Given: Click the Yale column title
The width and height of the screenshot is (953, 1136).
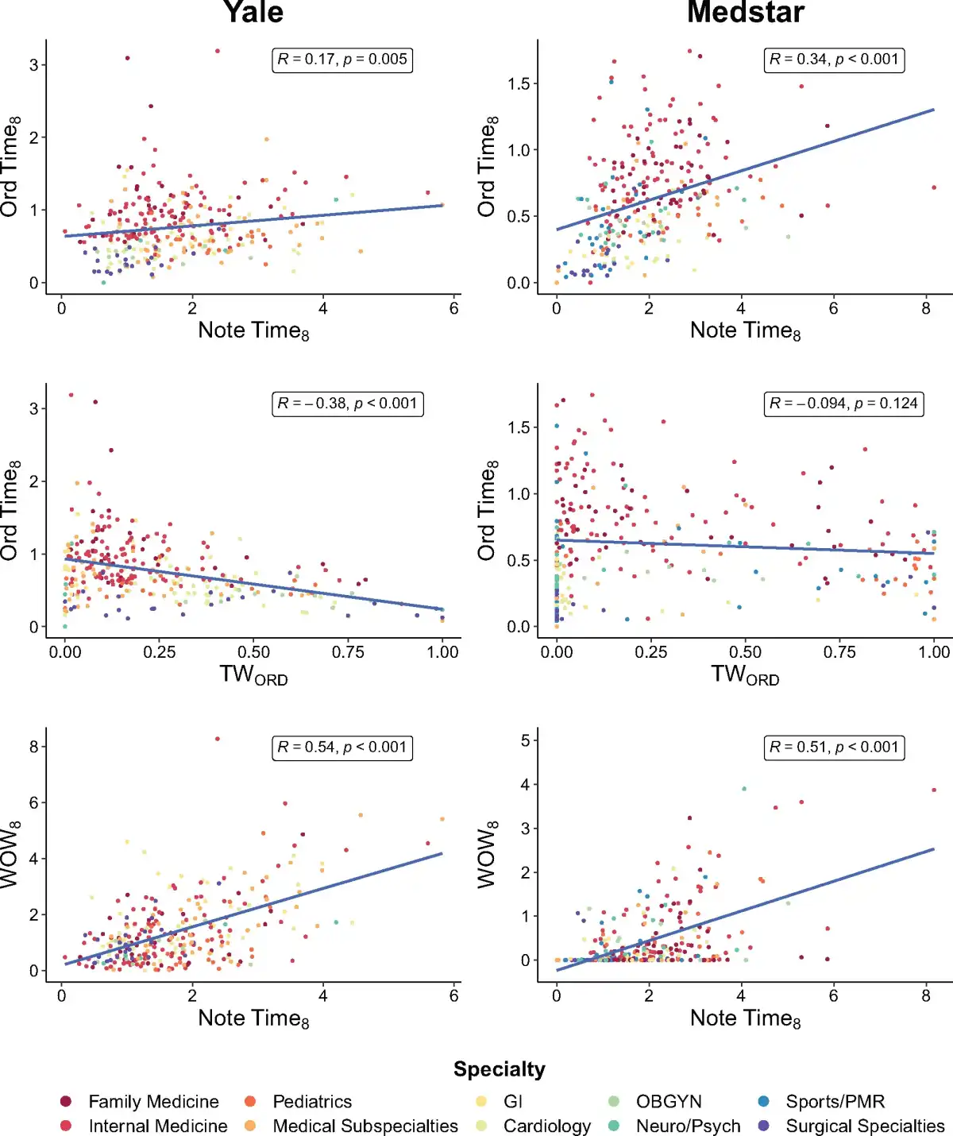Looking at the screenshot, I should click(253, 13).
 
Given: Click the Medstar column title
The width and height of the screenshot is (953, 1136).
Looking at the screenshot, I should click(745, 13).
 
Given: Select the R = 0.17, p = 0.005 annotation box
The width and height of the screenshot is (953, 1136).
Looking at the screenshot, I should click(342, 60).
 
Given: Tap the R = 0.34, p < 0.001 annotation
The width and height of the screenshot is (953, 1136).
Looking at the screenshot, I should click(834, 60).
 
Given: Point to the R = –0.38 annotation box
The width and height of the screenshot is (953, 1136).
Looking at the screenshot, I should click(347, 404).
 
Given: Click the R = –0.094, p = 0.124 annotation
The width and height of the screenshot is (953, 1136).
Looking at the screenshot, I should click(843, 404).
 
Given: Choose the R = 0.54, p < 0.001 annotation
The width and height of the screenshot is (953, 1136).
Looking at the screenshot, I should click(342, 748).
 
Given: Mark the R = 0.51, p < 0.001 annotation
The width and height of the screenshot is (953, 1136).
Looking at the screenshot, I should click(834, 748).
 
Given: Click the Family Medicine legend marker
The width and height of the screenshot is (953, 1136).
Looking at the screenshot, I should click(66, 1102).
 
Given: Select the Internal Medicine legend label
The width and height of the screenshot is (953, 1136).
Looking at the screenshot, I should click(157, 1126).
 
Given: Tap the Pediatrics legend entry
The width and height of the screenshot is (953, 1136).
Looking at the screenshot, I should click(311, 1102).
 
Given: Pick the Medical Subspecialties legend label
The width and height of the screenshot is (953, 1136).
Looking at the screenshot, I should click(365, 1126).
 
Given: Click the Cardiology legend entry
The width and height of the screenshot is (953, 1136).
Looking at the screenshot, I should click(546, 1126).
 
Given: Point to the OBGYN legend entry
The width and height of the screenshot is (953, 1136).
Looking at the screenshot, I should click(669, 1102).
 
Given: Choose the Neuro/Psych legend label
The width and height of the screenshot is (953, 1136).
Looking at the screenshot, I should click(688, 1126).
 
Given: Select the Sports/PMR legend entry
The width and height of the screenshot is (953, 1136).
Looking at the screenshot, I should click(835, 1102).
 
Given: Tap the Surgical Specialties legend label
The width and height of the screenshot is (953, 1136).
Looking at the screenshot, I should click(865, 1126).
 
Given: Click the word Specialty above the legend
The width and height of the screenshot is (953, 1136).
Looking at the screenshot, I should click(500, 1069).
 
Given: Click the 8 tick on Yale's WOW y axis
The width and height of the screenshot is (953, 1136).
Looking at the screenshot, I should click(33, 747).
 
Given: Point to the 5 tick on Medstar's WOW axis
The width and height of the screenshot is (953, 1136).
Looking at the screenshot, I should click(525, 740).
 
